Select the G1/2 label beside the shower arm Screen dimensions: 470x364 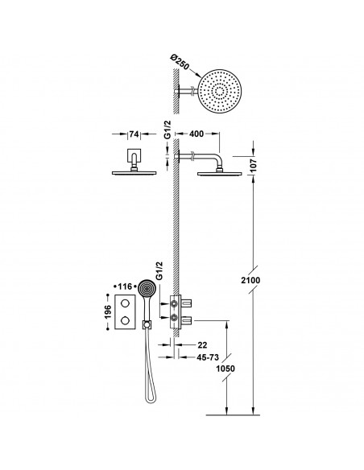168,135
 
